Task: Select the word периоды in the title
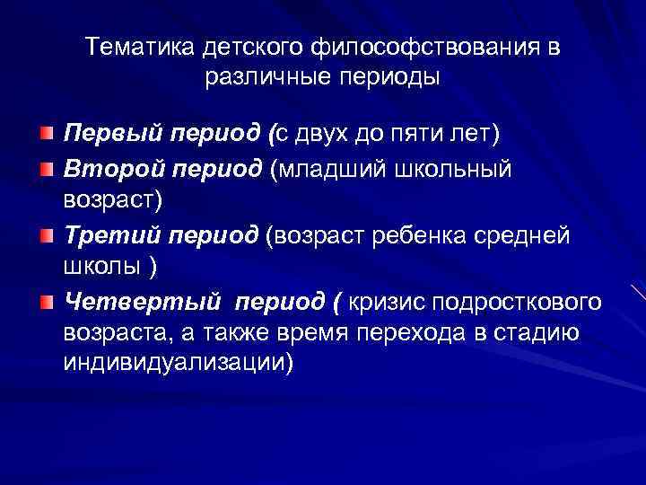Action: [x=392, y=77]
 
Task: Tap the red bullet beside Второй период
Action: [x=46, y=167]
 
